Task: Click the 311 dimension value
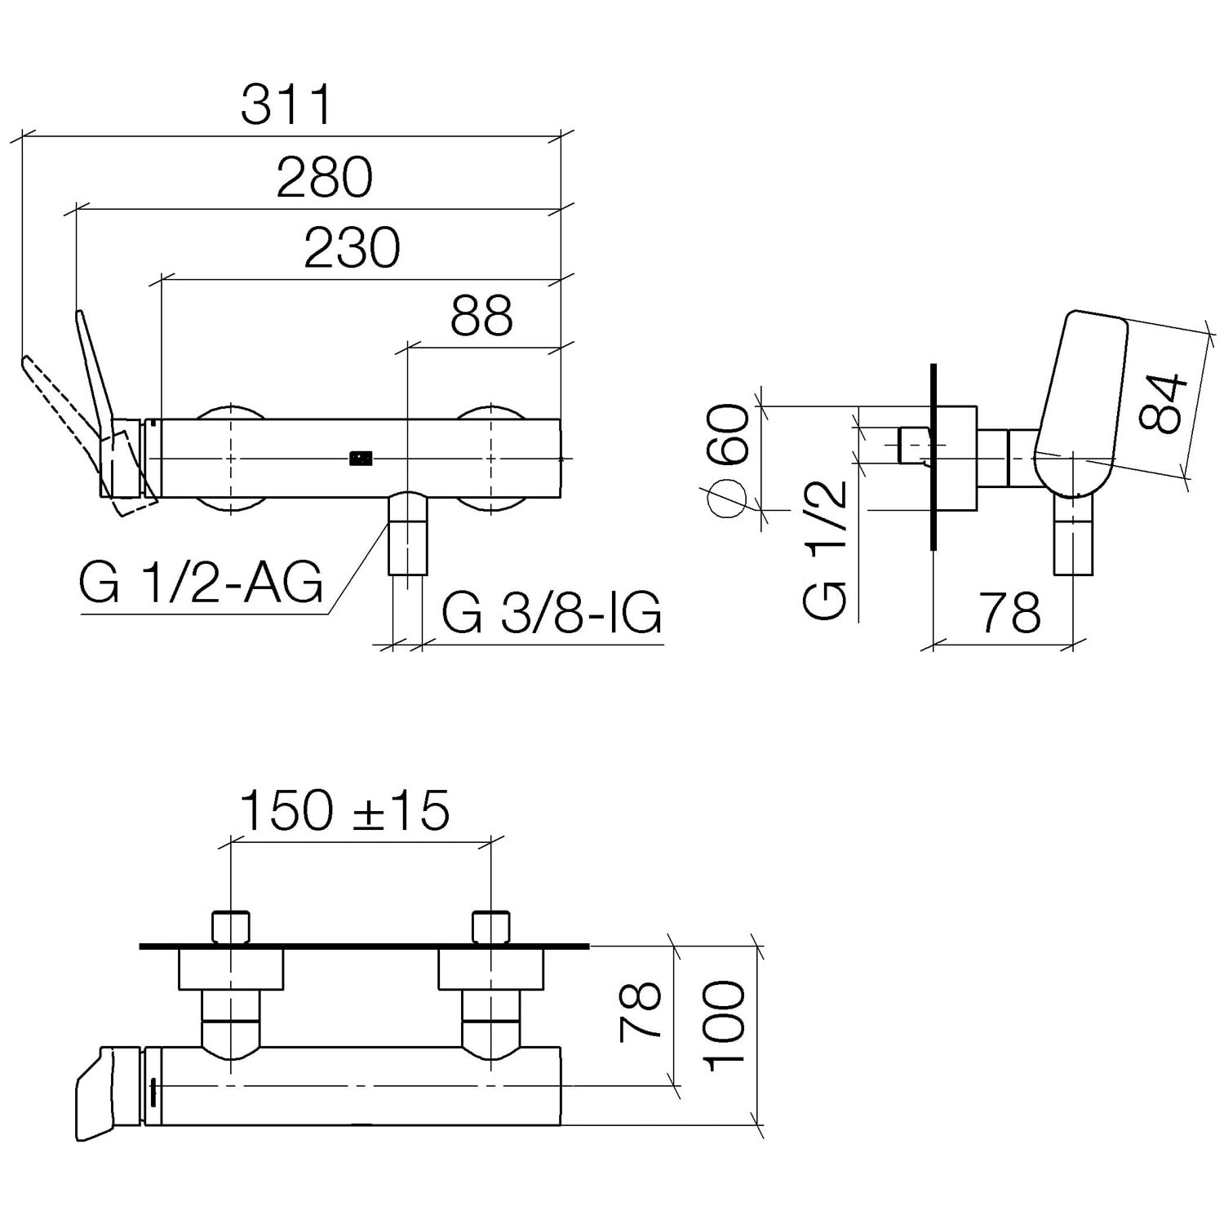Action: pos(287,104)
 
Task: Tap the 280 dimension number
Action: pos(325,177)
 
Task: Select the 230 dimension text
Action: pos(353,247)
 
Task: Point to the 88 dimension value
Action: pos(482,315)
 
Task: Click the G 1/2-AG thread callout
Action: pos(202,583)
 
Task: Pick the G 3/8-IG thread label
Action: pos(552,613)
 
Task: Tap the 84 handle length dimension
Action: pos(1161,403)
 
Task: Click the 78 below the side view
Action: pos(1010,612)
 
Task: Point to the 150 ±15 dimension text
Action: pos(344,809)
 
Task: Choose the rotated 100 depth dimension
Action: pos(725,1027)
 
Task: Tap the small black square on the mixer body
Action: pos(361,459)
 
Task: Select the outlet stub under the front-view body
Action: pos(407,534)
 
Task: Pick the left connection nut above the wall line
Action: pos(231,927)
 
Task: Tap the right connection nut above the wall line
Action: pos(491,927)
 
